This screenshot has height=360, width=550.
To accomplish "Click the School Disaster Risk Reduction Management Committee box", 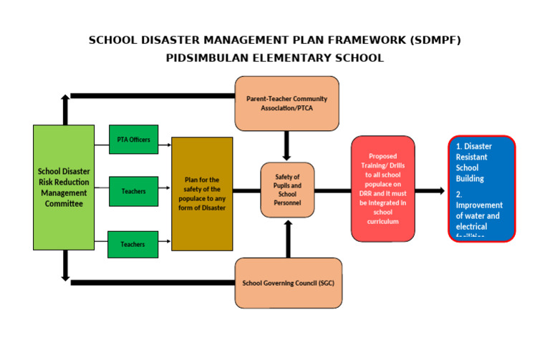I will point(64,188).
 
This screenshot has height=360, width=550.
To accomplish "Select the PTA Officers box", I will point(133,140).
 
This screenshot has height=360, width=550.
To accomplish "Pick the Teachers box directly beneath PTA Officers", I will point(133,191).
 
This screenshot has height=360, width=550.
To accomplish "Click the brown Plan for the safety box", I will point(202,193).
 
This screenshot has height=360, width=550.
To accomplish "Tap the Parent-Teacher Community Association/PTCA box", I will point(286,104).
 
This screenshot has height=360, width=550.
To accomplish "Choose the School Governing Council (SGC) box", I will point(288,283).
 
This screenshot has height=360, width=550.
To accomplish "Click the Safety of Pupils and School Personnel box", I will point(287,190).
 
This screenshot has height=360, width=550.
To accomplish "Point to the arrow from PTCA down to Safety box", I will point(287,146).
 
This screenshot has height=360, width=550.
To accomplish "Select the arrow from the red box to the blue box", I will point(430,191).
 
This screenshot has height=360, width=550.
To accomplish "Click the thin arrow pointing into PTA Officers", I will point(102,145).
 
